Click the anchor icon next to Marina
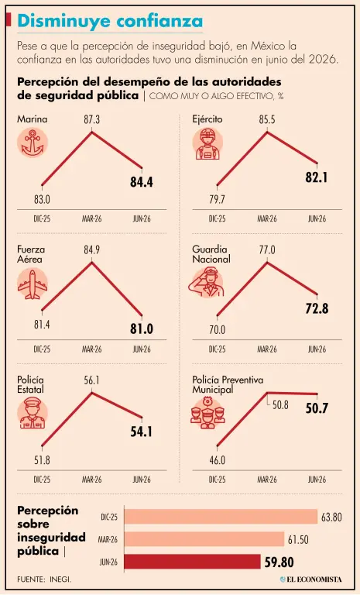[x=33, y=143]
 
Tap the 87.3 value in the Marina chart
[x=92, y=120]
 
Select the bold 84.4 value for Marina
[x=142, y=182]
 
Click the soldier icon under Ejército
[x=207, y=143]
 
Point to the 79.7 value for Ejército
[x=217, y=199]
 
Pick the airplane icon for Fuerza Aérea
[x=33, y=284]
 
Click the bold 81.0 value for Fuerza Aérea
[x=142, y=328]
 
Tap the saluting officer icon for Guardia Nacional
[x=207, y=282]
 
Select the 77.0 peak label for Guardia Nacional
[x=267, y=250]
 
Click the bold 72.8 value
[x=317, y=308]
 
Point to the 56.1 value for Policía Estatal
[x=92, y=380]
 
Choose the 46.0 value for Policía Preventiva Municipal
[x=217, y=460]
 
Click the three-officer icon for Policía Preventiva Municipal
[x=207, y=413]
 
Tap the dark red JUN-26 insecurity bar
[x=192, y=562]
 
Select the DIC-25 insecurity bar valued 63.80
[x=221, y=517]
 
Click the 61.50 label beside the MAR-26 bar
[x=298, y=539]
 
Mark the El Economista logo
[x=310, y=579]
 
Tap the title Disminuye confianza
[x=110, y=21]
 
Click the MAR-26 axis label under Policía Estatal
[x=92, y=480]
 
